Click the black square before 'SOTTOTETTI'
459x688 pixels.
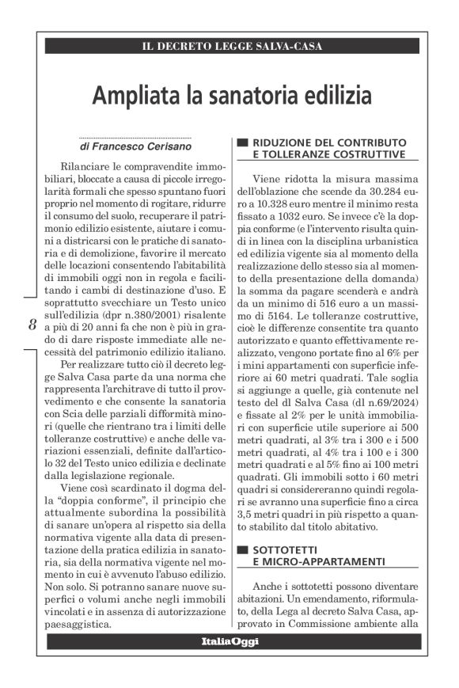click(x=243, y=548)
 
